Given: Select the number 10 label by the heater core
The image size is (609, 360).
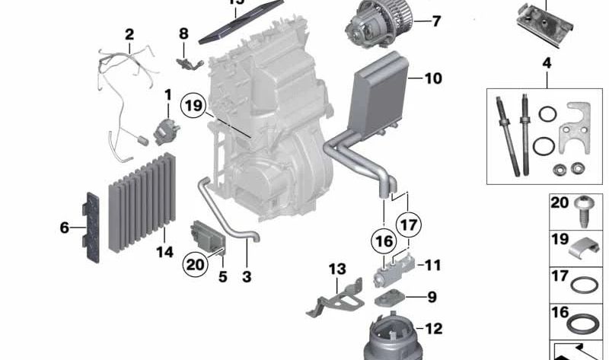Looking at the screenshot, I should tap(433, 78).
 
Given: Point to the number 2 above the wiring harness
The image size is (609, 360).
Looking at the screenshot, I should tap(129, 33).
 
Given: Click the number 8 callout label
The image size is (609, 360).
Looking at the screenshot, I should tap(183, 33).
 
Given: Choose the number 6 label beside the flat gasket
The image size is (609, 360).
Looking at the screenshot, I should tap(65, 227).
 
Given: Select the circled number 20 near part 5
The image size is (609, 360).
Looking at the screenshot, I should tap(195, 264).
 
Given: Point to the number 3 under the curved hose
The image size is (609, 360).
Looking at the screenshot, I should tap(247, 278).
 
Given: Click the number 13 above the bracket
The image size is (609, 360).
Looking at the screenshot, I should tap(337, 269).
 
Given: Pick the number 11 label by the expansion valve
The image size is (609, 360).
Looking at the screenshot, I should tap(433, 266).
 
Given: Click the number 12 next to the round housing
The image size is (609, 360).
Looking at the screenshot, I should tap(433, 329).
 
